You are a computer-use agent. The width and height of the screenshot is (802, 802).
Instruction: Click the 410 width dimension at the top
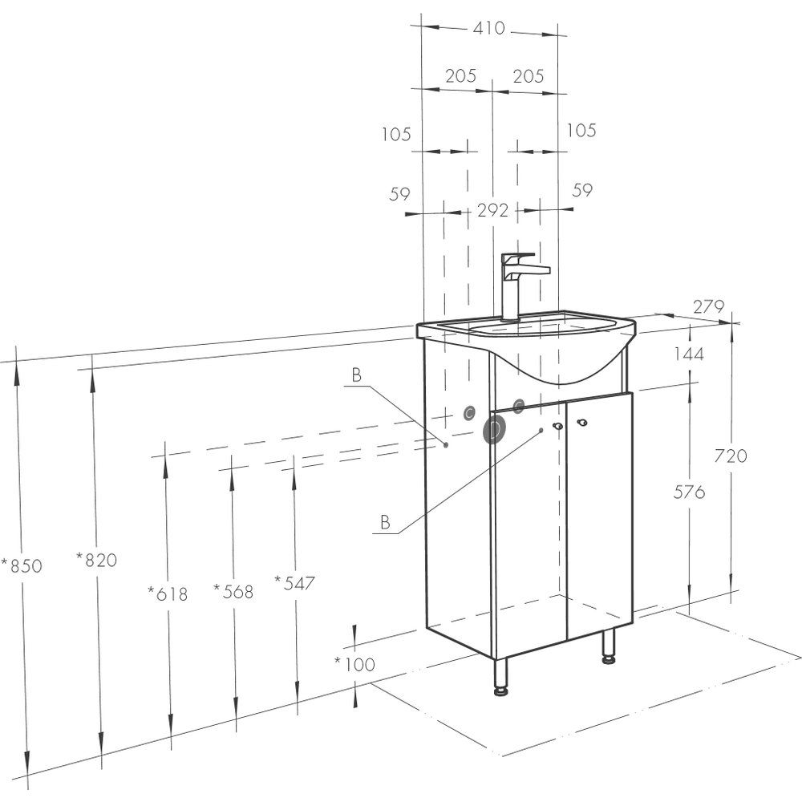(488, 28)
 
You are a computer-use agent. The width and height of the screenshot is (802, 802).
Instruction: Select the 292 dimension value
(492, 210)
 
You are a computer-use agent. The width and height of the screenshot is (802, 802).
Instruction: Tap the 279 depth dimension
(709, 307)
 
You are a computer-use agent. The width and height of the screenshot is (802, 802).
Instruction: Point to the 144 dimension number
(689, 354)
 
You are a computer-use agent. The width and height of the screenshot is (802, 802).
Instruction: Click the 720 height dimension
(731, 456)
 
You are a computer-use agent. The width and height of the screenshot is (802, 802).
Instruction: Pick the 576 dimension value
(689, 492)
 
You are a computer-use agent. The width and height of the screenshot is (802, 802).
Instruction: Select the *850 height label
(22, 565)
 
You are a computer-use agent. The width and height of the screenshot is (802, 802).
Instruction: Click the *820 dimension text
(97, 560)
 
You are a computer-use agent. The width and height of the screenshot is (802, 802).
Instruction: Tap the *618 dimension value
(168, 593)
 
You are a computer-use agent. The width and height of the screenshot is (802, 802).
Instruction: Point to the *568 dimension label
(233, 591)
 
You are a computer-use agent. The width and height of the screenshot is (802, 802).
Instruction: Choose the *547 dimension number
(294, 582)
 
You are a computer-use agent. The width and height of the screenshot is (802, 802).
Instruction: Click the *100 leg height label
(355, 664)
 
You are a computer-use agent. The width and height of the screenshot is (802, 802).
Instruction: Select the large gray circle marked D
(494, 430)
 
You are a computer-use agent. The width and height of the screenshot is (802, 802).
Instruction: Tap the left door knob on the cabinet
(557, 426)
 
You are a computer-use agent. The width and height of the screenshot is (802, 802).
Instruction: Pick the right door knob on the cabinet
(581, 423)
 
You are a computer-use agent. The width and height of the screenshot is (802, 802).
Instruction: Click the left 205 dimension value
(460, 76)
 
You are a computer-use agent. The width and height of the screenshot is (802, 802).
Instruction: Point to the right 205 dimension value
(529, 76)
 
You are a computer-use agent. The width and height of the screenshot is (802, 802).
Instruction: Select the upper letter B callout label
(357, 375)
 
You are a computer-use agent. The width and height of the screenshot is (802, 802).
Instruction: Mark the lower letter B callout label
(385, 522)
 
